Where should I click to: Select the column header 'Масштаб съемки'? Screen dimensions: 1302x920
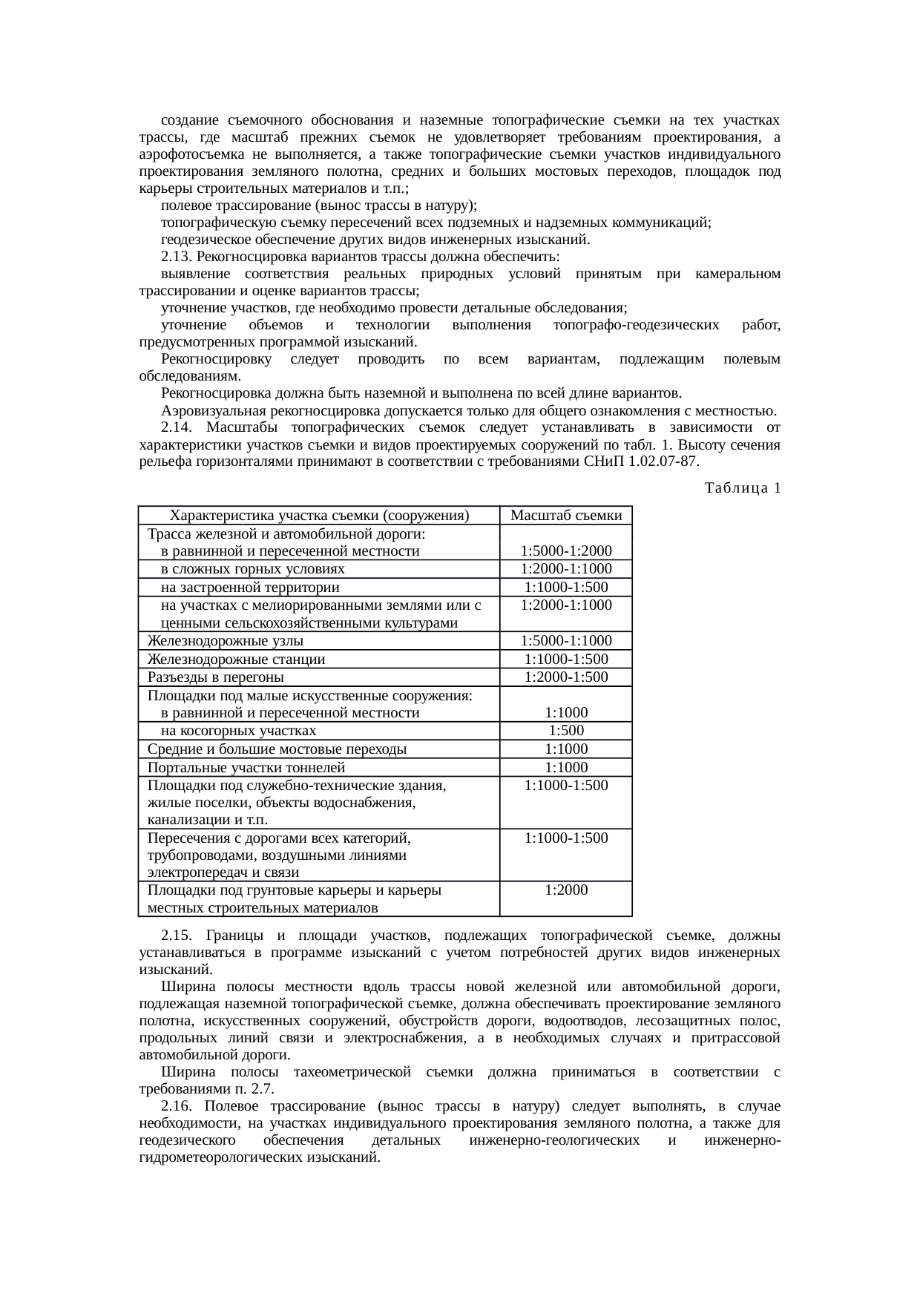[566, 516]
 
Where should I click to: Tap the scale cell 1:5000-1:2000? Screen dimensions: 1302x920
[566, 551]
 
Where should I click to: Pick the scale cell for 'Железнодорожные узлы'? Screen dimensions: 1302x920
[566, 641]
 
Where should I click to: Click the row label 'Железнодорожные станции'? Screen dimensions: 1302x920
[236, 660]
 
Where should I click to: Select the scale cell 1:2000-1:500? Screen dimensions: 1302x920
[566, 677]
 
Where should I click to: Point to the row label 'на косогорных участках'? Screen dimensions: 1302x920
[238, 731]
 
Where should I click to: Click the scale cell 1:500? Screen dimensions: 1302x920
[566, 731]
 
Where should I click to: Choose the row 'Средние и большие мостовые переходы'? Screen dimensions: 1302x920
[277, 749]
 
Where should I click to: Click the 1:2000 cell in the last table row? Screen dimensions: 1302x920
[566, 890]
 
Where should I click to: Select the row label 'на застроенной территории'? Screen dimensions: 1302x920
[250, 588]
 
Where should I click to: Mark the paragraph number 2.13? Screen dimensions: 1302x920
[177, 257]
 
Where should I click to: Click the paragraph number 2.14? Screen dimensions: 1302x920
[177, 428]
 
